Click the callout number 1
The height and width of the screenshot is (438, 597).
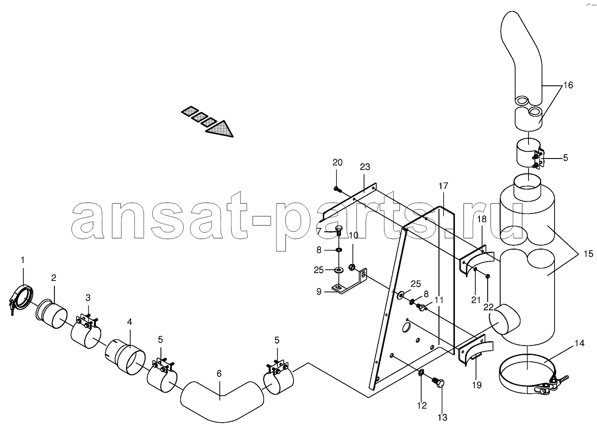[x=23, y=260]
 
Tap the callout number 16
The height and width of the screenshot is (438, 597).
[x=568, y=85]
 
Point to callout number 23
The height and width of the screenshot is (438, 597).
[x=365, y=167]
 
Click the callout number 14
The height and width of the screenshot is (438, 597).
[x=579, y=344]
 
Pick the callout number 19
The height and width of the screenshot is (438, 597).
[x=477, y=385]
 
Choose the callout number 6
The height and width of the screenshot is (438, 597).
[x=219, y=374]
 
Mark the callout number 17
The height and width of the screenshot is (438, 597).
[x=443, y=186]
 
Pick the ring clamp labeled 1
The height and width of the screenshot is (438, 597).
[x=21, y=297]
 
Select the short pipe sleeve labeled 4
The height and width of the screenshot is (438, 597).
[x=125, y=357]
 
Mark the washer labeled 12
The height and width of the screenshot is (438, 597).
[x=421, y=372]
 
